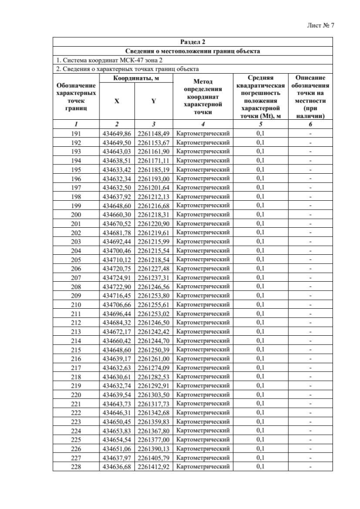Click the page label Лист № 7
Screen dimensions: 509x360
point(321,25)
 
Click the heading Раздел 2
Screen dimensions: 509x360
point(192,42)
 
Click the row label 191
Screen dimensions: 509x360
point(76,133)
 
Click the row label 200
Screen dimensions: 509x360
point(76,214)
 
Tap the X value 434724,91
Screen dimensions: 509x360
point(117,277)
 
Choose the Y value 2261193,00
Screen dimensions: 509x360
point(154,178)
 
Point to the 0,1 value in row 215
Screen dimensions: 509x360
point(260,349)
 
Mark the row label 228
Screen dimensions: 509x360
point(76,466)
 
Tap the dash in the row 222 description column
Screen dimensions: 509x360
point(310,412)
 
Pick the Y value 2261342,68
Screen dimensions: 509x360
point(154,412)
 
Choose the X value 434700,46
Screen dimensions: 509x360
point(117,250)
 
